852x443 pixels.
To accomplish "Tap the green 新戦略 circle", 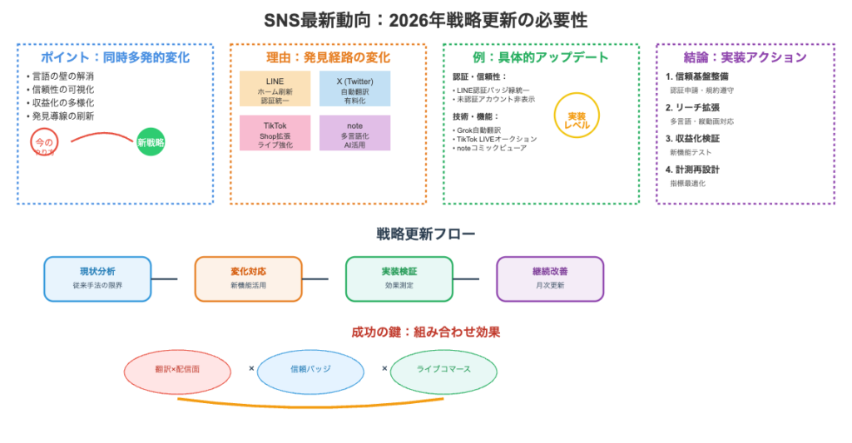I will (x=151, y=142).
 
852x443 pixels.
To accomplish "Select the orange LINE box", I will (x=275, y=89).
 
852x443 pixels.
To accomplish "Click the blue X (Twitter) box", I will (x=354, y=89).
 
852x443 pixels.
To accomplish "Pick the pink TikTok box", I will (x=275, y=133).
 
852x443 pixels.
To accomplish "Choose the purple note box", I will (x=354, y=133).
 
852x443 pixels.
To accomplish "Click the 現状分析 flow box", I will (x=97, y=278).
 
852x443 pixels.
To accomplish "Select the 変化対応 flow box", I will (x=248, y=278).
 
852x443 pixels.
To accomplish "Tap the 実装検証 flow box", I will (x=399, y=278).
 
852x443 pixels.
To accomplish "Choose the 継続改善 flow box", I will (x=550, y=278).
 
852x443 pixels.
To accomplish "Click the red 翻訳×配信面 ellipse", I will (x=177, y=369).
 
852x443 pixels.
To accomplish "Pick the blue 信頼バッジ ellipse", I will (x=310, y=370).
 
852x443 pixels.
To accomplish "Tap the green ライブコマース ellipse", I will (x=443, y=370).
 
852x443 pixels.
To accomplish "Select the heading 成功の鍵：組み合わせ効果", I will (x=425, y=332).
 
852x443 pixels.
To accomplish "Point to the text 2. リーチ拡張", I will (x=693, y=108).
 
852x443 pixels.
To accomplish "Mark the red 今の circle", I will (x=44, y=143).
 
